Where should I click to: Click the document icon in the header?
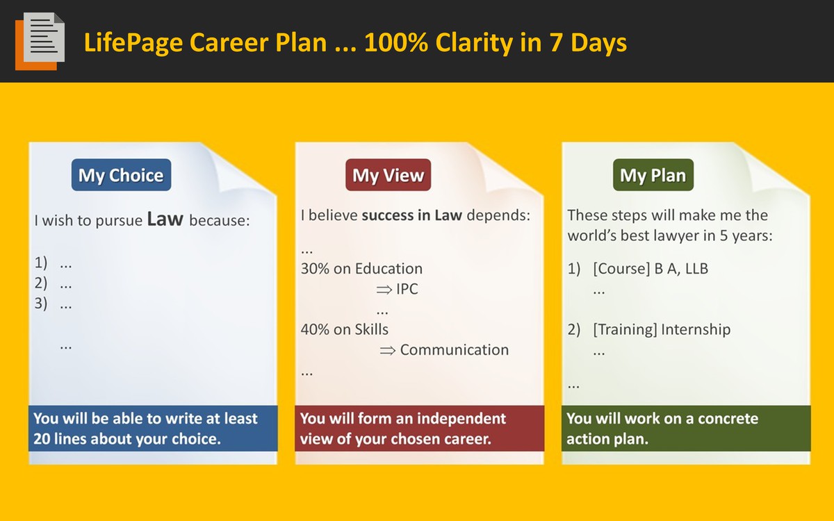tap(40, 41)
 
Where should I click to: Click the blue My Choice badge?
tap(122, 175)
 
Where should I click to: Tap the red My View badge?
tap(388, 175)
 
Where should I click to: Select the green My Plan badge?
tap(653, 175)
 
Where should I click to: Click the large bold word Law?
tap(165, 219)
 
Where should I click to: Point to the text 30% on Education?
tap(361, 268)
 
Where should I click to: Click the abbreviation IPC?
tap(407, 289)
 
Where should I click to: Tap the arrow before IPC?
tap(384, 290)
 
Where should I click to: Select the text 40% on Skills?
tap(345, 329)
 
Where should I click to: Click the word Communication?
tap(455, 350)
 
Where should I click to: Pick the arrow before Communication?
tap(387, 351)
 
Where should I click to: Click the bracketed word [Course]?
tap(621, 269)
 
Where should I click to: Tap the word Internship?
tap(696, 330)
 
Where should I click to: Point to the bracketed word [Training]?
tap(625, 330)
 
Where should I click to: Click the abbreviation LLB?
tap(696, 268)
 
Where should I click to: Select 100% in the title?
tap(396, 42)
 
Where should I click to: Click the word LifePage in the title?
tap(133, 43)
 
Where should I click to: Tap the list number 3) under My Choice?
tap(41, 304)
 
